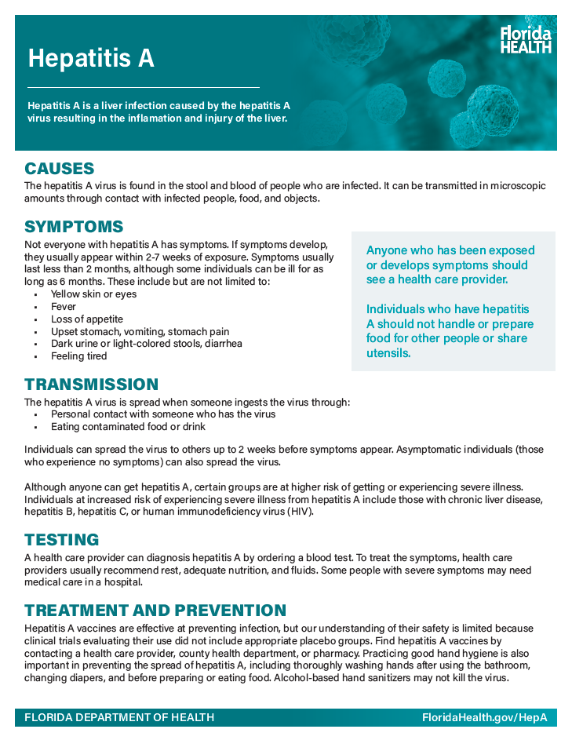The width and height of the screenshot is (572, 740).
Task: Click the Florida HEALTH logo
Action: click(x=526, y=39)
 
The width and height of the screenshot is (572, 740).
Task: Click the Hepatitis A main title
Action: click(x=91, y=58)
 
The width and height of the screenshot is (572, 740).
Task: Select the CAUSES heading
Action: click(x=60, y=169)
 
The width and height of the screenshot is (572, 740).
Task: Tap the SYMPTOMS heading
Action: click(x=74, y=227)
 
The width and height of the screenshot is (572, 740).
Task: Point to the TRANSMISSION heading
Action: click(x=91, y=385)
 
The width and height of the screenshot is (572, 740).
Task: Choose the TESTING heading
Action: click(x=62, y=540)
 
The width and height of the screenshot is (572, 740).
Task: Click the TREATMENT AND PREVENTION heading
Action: click(x=155, y=611)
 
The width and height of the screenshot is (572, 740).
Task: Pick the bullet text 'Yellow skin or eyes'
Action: click(x=93, y=294)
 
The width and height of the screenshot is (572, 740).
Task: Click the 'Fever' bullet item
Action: click(x=64, y=307)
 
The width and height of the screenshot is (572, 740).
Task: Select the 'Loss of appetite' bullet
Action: click(x=87, y=319)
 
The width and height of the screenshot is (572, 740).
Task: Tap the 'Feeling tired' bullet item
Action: click(x=78, y=356)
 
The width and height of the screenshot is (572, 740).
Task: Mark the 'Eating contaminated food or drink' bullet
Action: click(x=128, y=427)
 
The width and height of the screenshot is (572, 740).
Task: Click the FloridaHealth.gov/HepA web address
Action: click(x=484, y=718)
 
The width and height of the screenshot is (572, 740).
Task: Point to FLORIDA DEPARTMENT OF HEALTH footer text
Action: click(x=119, y=718)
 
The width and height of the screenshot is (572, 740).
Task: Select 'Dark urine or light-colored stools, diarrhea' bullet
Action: click(x=146, y=344)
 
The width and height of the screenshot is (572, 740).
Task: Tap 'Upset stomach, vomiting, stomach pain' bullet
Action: click(x=140, y=332)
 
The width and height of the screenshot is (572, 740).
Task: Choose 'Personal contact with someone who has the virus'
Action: click(x=163, y=414)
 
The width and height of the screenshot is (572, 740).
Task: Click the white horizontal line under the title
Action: click(x=144, y=87)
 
